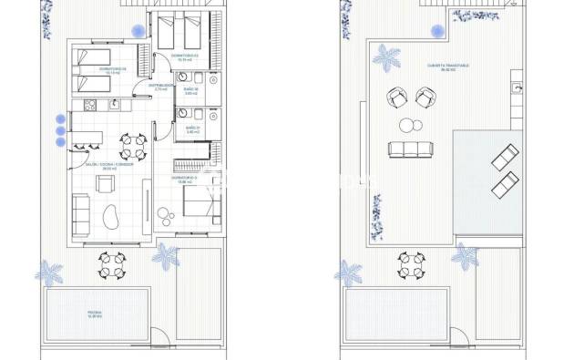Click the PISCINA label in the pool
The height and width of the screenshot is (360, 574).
[x=95, y=312]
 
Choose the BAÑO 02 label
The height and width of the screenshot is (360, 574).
[x=192, y=89]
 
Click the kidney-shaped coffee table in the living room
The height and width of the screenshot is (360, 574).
[x=114, y=218]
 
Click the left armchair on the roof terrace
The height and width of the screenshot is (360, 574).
[x=397, y=95]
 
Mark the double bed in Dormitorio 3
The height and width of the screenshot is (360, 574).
[x=200, y=201]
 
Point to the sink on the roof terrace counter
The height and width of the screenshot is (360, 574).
[x=517, y=88]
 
